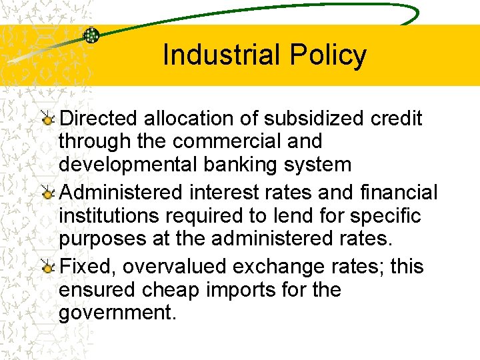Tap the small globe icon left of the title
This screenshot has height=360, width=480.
[x=91, y=35]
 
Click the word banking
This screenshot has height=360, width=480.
[x=243, y=165]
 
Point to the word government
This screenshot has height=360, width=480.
[x=117, y=313]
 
